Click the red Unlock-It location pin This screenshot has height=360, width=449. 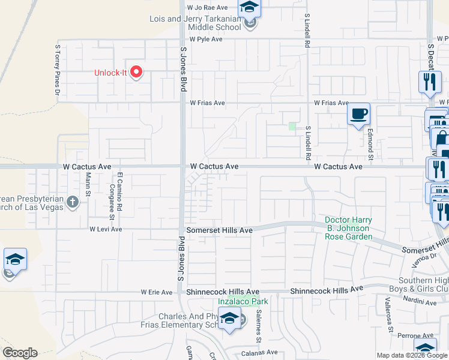coord(136,72)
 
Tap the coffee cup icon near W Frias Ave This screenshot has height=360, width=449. coord(359,113)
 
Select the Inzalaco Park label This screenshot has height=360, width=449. coord(243,301)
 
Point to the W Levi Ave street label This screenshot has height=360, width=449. coord(106,229)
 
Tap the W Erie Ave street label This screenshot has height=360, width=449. coord(157,292)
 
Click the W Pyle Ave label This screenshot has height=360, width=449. coord(206,39)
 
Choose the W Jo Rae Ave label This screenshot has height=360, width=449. coord(208,8)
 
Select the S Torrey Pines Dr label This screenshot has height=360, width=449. coord(58,69)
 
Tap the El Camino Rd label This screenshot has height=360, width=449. coord(120,191)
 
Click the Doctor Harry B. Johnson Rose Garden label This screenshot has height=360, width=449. coord(349,229)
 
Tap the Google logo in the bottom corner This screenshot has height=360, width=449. coord(19,353)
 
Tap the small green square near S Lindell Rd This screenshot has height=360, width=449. coord(292,126)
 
